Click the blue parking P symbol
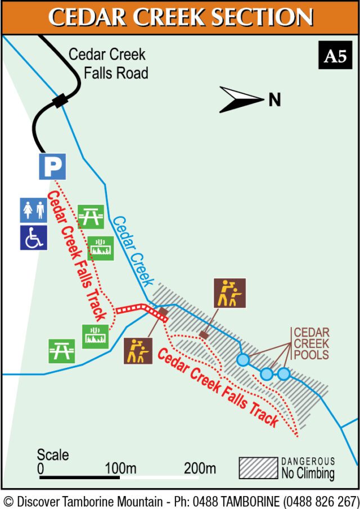tap(52, 166)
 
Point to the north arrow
tap(241, 100)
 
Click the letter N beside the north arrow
tap(274, 100)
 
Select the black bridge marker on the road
tap(60, 101)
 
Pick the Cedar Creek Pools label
tap(311, 343)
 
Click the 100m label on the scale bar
tap(121, 468)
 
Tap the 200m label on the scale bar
tap(200, 468)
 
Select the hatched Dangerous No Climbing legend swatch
tap(258, 468)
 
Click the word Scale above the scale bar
tap(53, 454)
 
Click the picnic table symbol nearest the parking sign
tap(91, 217)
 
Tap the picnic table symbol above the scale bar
tap(61, 350)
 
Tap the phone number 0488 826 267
tap(321, 501)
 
